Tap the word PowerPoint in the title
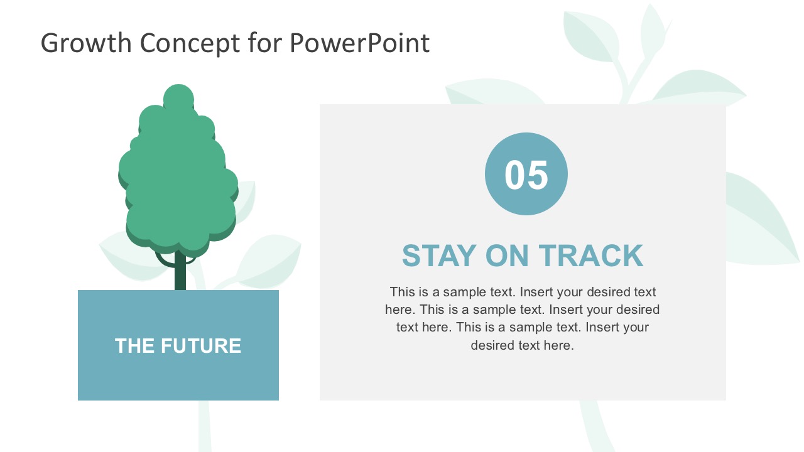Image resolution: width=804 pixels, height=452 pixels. [359, 43]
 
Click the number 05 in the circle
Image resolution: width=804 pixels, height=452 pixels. [526, 175]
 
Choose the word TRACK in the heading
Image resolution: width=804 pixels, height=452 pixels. [591, 256]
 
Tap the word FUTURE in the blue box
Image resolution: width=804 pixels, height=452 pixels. [201, 346]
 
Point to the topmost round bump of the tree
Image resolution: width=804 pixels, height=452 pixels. [178, 98]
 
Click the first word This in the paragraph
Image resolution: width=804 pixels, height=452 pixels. [402, 292]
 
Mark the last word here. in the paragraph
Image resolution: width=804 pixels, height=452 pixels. [558, 345]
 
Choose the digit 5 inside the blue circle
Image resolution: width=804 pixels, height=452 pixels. [538, 175]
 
